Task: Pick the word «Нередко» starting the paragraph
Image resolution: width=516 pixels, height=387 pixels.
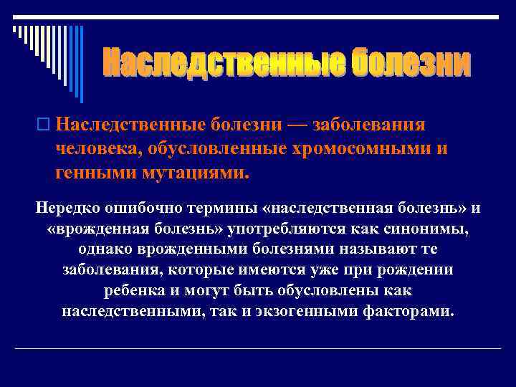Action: point(67,208)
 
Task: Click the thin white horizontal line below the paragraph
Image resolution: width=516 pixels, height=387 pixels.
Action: point(258,348)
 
